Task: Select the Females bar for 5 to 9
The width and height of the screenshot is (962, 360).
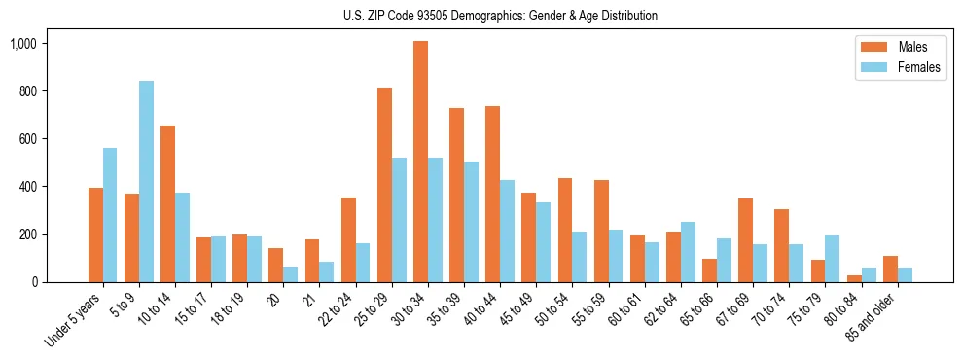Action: [146, 182]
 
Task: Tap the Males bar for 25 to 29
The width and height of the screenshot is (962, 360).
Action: [384, 185]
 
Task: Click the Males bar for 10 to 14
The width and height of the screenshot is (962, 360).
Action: [167, 204]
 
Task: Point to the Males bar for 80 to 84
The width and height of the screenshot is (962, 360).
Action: [854, 278]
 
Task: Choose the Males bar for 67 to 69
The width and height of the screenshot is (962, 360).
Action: [745, 240]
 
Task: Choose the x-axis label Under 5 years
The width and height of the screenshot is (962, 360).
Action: [74, 320]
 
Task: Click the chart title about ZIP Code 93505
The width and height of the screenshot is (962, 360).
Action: [500, 16]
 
